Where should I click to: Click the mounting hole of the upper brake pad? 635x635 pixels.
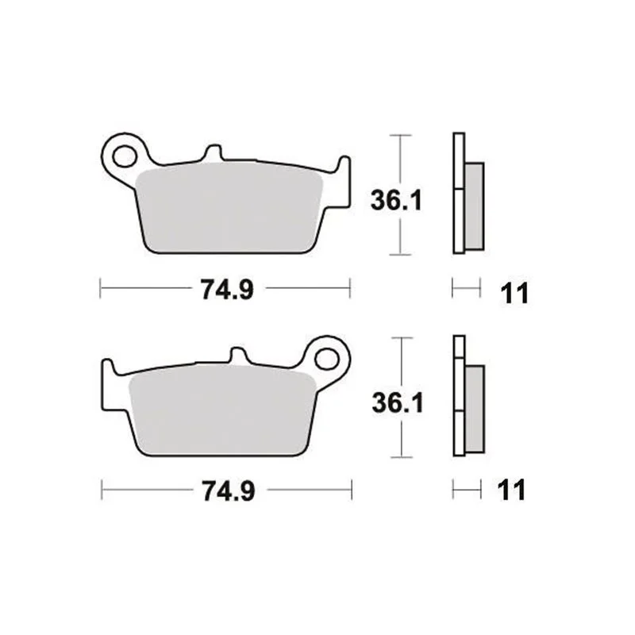(x=125, y=156)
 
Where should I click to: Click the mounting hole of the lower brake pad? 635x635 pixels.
(x=326, y=359)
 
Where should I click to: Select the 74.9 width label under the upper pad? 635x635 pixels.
(x=228, y=290)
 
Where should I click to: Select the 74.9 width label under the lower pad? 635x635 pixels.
(x=229, y=491)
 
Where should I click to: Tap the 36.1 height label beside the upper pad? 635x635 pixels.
(x=396, y=201)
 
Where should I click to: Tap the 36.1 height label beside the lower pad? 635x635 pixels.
(x=398, y=403)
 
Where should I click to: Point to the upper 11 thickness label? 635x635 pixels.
(x=514, y=293)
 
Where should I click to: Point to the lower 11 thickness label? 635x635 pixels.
(x=511, y=490)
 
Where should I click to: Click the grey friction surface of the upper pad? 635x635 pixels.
(x=229, y=209)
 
